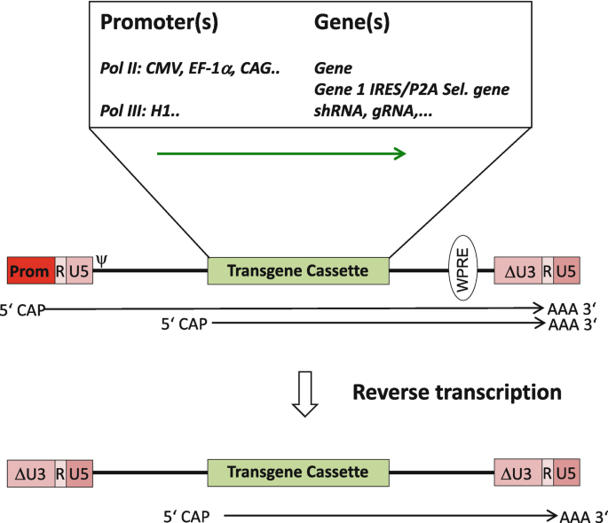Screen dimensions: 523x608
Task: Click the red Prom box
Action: pyautogui.click(x=30, y=271)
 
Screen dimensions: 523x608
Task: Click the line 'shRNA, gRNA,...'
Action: pyautogui.click(x=369, y=113)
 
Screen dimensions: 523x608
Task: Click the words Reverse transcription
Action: pyautogui.click(x=457, y=392)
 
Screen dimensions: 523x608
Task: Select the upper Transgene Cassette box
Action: pyautogui.click(x=298, y=271)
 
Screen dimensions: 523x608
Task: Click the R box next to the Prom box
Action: pyautogui.click(x=60, y=271)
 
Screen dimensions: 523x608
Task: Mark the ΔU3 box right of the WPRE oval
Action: pyautogui.click(x=517, y=271)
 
